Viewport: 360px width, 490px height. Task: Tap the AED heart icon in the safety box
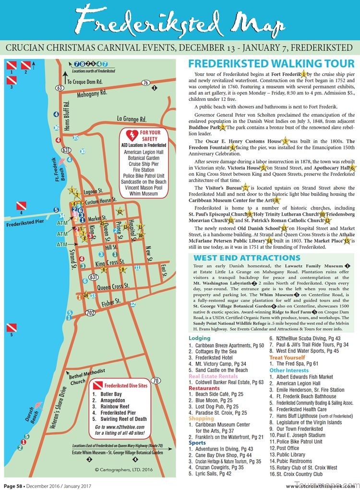click(132, 133)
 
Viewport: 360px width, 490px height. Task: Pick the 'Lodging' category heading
click(199, 338)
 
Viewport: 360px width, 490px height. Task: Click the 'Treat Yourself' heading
click(287, 357)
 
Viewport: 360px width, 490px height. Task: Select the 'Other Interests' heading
click(288, 370)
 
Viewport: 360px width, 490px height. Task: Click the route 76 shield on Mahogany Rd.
click(145, 83)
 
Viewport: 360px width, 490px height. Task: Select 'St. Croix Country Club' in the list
click(300, 474)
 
